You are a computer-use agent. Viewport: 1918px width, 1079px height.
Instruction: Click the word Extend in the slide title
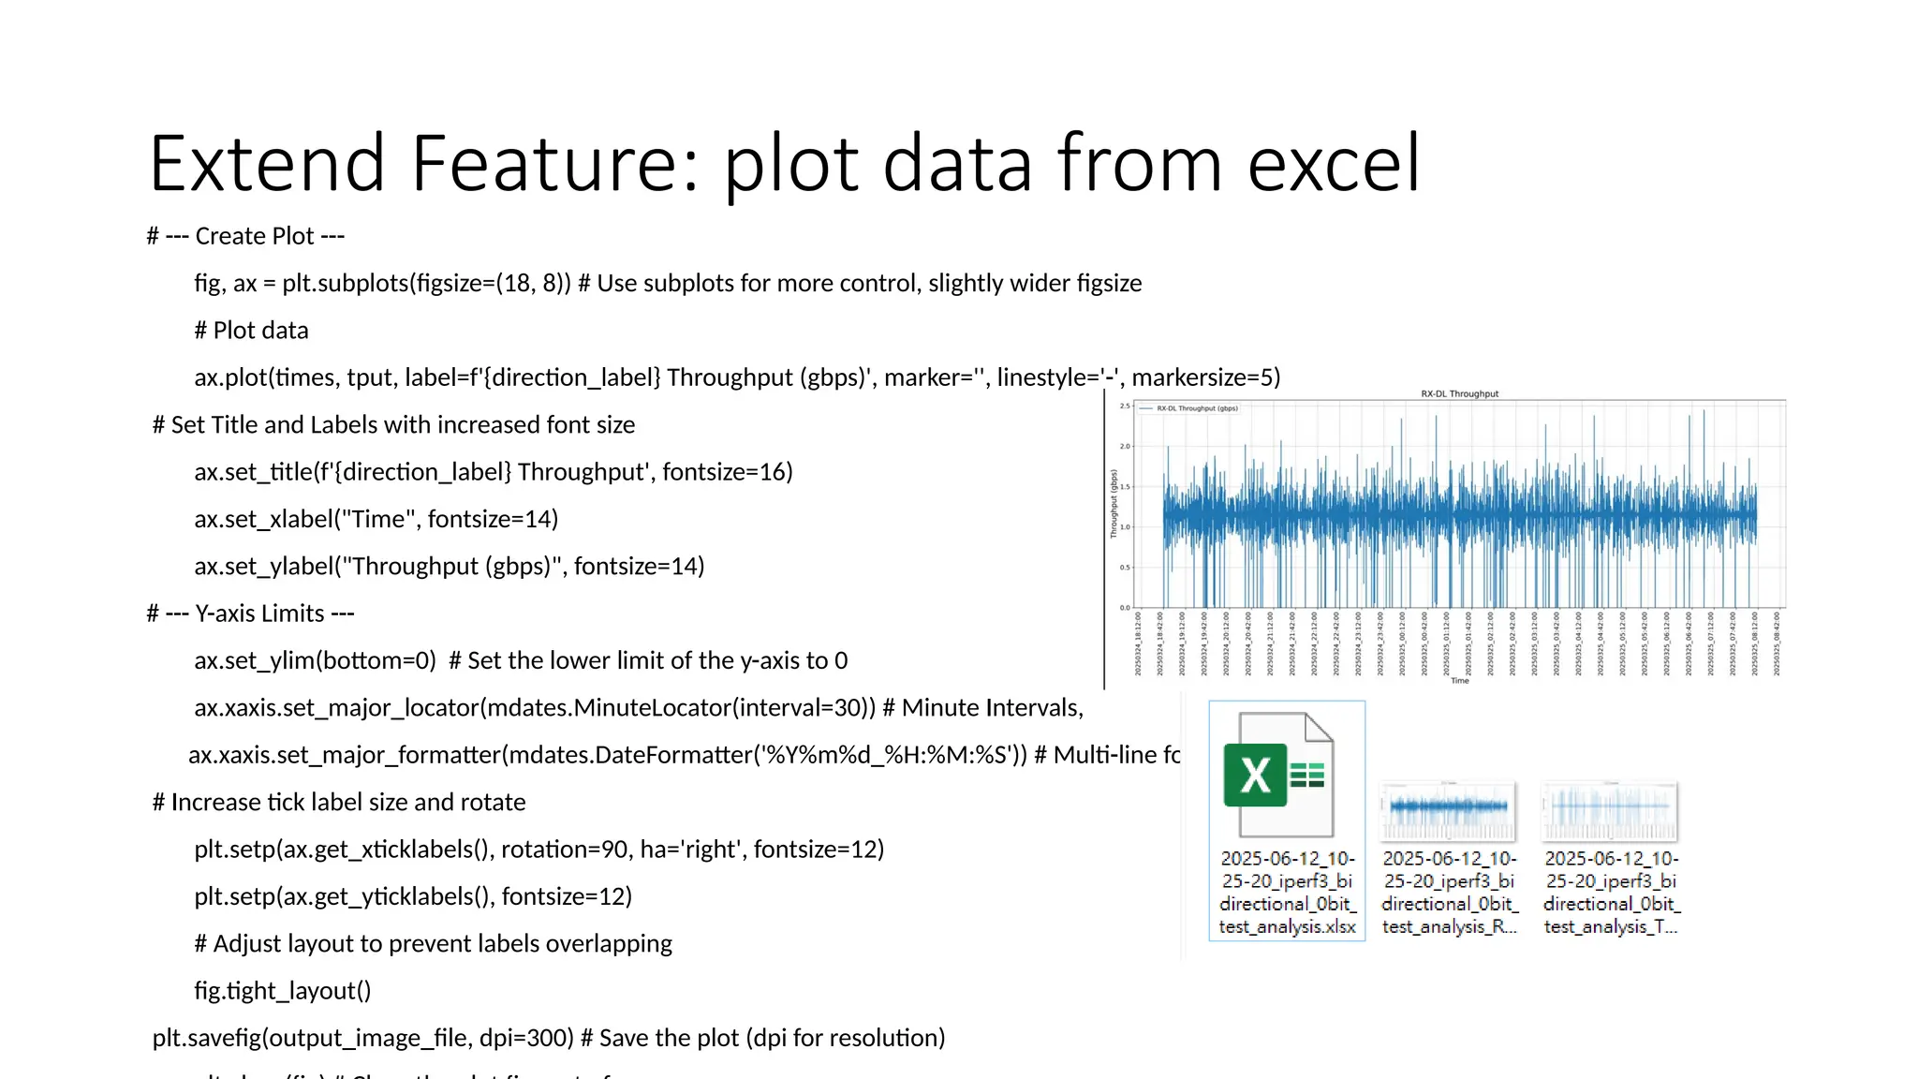pyautogui.click(x=267, y=164)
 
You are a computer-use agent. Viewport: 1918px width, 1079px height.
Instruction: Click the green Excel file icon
pyautogui.click(x=1278, y=775)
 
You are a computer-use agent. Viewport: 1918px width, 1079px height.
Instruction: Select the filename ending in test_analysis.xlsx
pyautogui.click(x=1287, y=892)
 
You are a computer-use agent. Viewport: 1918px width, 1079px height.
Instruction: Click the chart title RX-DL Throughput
pyautogui.click(x=1459, y=394)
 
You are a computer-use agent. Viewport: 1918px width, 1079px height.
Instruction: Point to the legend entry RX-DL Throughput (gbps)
pyautogui.click(x=1196, y=408)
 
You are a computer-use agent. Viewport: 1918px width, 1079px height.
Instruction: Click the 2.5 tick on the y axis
pyautogui.click(x=1125, y=406)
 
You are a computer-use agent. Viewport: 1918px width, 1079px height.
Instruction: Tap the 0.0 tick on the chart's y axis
pyautogui.click(x=1125, y=608)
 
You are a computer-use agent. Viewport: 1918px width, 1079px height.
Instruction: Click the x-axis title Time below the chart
pyautogui.click(x=1459, y=681)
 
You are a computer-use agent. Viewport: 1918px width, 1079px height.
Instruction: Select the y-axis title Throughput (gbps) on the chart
pyautogui.click(x=1114, y=504)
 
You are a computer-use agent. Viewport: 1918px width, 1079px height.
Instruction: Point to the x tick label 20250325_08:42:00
pyautogui.click(x=1777, y=644)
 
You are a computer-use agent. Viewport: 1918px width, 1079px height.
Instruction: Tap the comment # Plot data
pyautogui.click(x=251, y=331)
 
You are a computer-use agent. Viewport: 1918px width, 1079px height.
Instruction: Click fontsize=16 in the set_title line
pyautogui.click(x=727, y=472)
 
